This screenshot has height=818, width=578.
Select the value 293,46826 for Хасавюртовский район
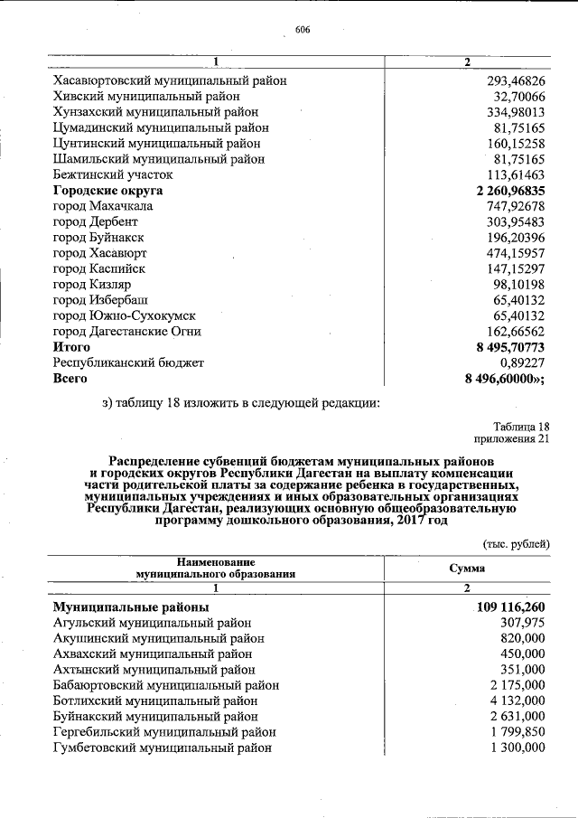click(x=515, y=80)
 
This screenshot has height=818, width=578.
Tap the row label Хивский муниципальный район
click(x=146, y=96)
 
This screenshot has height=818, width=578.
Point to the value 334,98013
click(x=515, y=112)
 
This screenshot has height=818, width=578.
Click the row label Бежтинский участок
click(x=113, y=174)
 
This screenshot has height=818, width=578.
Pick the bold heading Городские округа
click(x=108, y=191)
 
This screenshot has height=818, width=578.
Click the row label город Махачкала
click(x=103, y=206)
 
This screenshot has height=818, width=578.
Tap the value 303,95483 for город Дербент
click(x=515, y=221)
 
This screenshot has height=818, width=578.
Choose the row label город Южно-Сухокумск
click(x=125, y=315)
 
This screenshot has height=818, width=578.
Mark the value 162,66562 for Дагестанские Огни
click(x=515, y=331)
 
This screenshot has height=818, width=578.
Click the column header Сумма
click(x=467, y=568)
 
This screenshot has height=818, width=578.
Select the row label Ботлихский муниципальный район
click(x=154, y=700)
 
